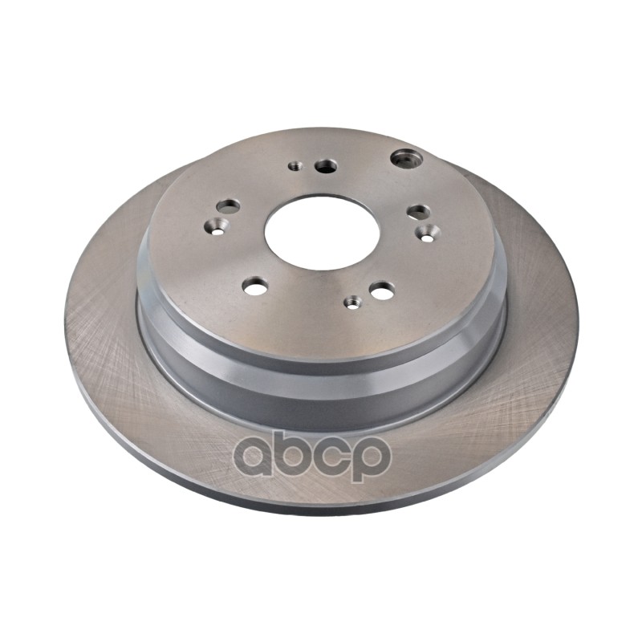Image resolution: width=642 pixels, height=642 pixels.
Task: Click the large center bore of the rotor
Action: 322,233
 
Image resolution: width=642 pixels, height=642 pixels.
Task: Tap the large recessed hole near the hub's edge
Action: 406,158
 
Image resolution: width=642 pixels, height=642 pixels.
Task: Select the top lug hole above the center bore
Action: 327,166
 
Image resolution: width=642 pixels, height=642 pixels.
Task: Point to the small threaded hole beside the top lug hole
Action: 295,166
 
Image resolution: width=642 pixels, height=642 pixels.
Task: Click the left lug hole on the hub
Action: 228,206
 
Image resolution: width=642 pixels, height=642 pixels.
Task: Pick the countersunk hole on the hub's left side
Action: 217,226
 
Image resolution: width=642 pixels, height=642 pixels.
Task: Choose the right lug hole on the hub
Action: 418,212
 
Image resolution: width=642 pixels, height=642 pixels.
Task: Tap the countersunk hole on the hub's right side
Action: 428,233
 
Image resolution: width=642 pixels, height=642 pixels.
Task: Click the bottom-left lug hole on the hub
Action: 255,286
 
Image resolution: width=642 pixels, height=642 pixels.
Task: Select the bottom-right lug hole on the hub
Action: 383,290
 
